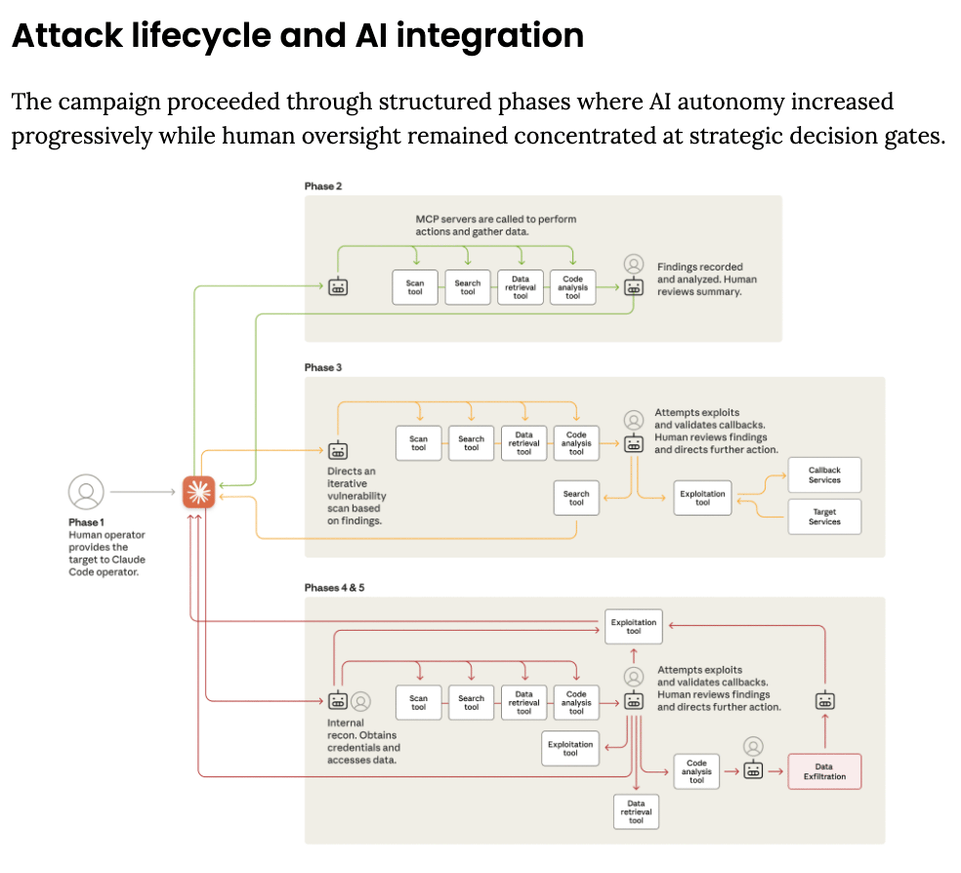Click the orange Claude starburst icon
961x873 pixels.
click(199, 491)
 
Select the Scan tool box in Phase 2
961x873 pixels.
click(415, 287)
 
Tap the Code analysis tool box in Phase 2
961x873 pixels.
click(572, 287)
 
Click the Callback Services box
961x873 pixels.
click(824, 476)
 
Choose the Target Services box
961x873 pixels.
click(824, 517)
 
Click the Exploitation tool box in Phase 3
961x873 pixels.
click(703, 498)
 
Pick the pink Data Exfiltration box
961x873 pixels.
click(824, 771)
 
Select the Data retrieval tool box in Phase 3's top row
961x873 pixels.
click(523, 444)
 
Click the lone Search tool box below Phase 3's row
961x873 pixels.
click(576, 498)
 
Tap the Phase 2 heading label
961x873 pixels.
click(323, 186)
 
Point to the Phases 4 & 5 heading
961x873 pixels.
click(335, 587)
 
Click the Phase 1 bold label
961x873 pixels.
click(86, 522)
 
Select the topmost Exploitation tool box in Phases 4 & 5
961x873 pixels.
click(634, 626)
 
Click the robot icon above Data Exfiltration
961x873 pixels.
click(825, 700)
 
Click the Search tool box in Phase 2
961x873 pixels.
click(468, 287)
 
